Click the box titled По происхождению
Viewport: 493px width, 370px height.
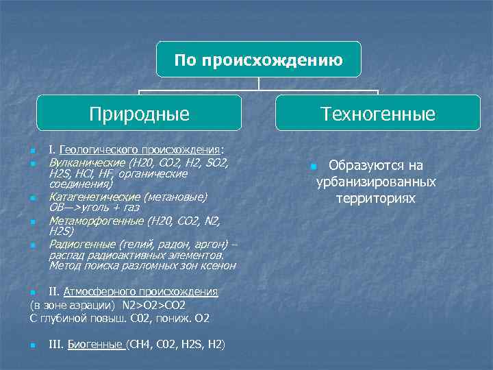(258, 60)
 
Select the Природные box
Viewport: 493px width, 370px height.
(139, 113)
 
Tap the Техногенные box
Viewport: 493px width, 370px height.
(377, 113)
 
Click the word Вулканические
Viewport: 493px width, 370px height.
(87, 164)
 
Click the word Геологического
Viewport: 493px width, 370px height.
(99, 149)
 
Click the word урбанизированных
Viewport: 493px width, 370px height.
(376, 182)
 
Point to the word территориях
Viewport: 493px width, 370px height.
(376, 197)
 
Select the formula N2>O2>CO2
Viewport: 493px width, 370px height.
(153, 305)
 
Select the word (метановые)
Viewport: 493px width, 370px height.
(177, 197)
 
